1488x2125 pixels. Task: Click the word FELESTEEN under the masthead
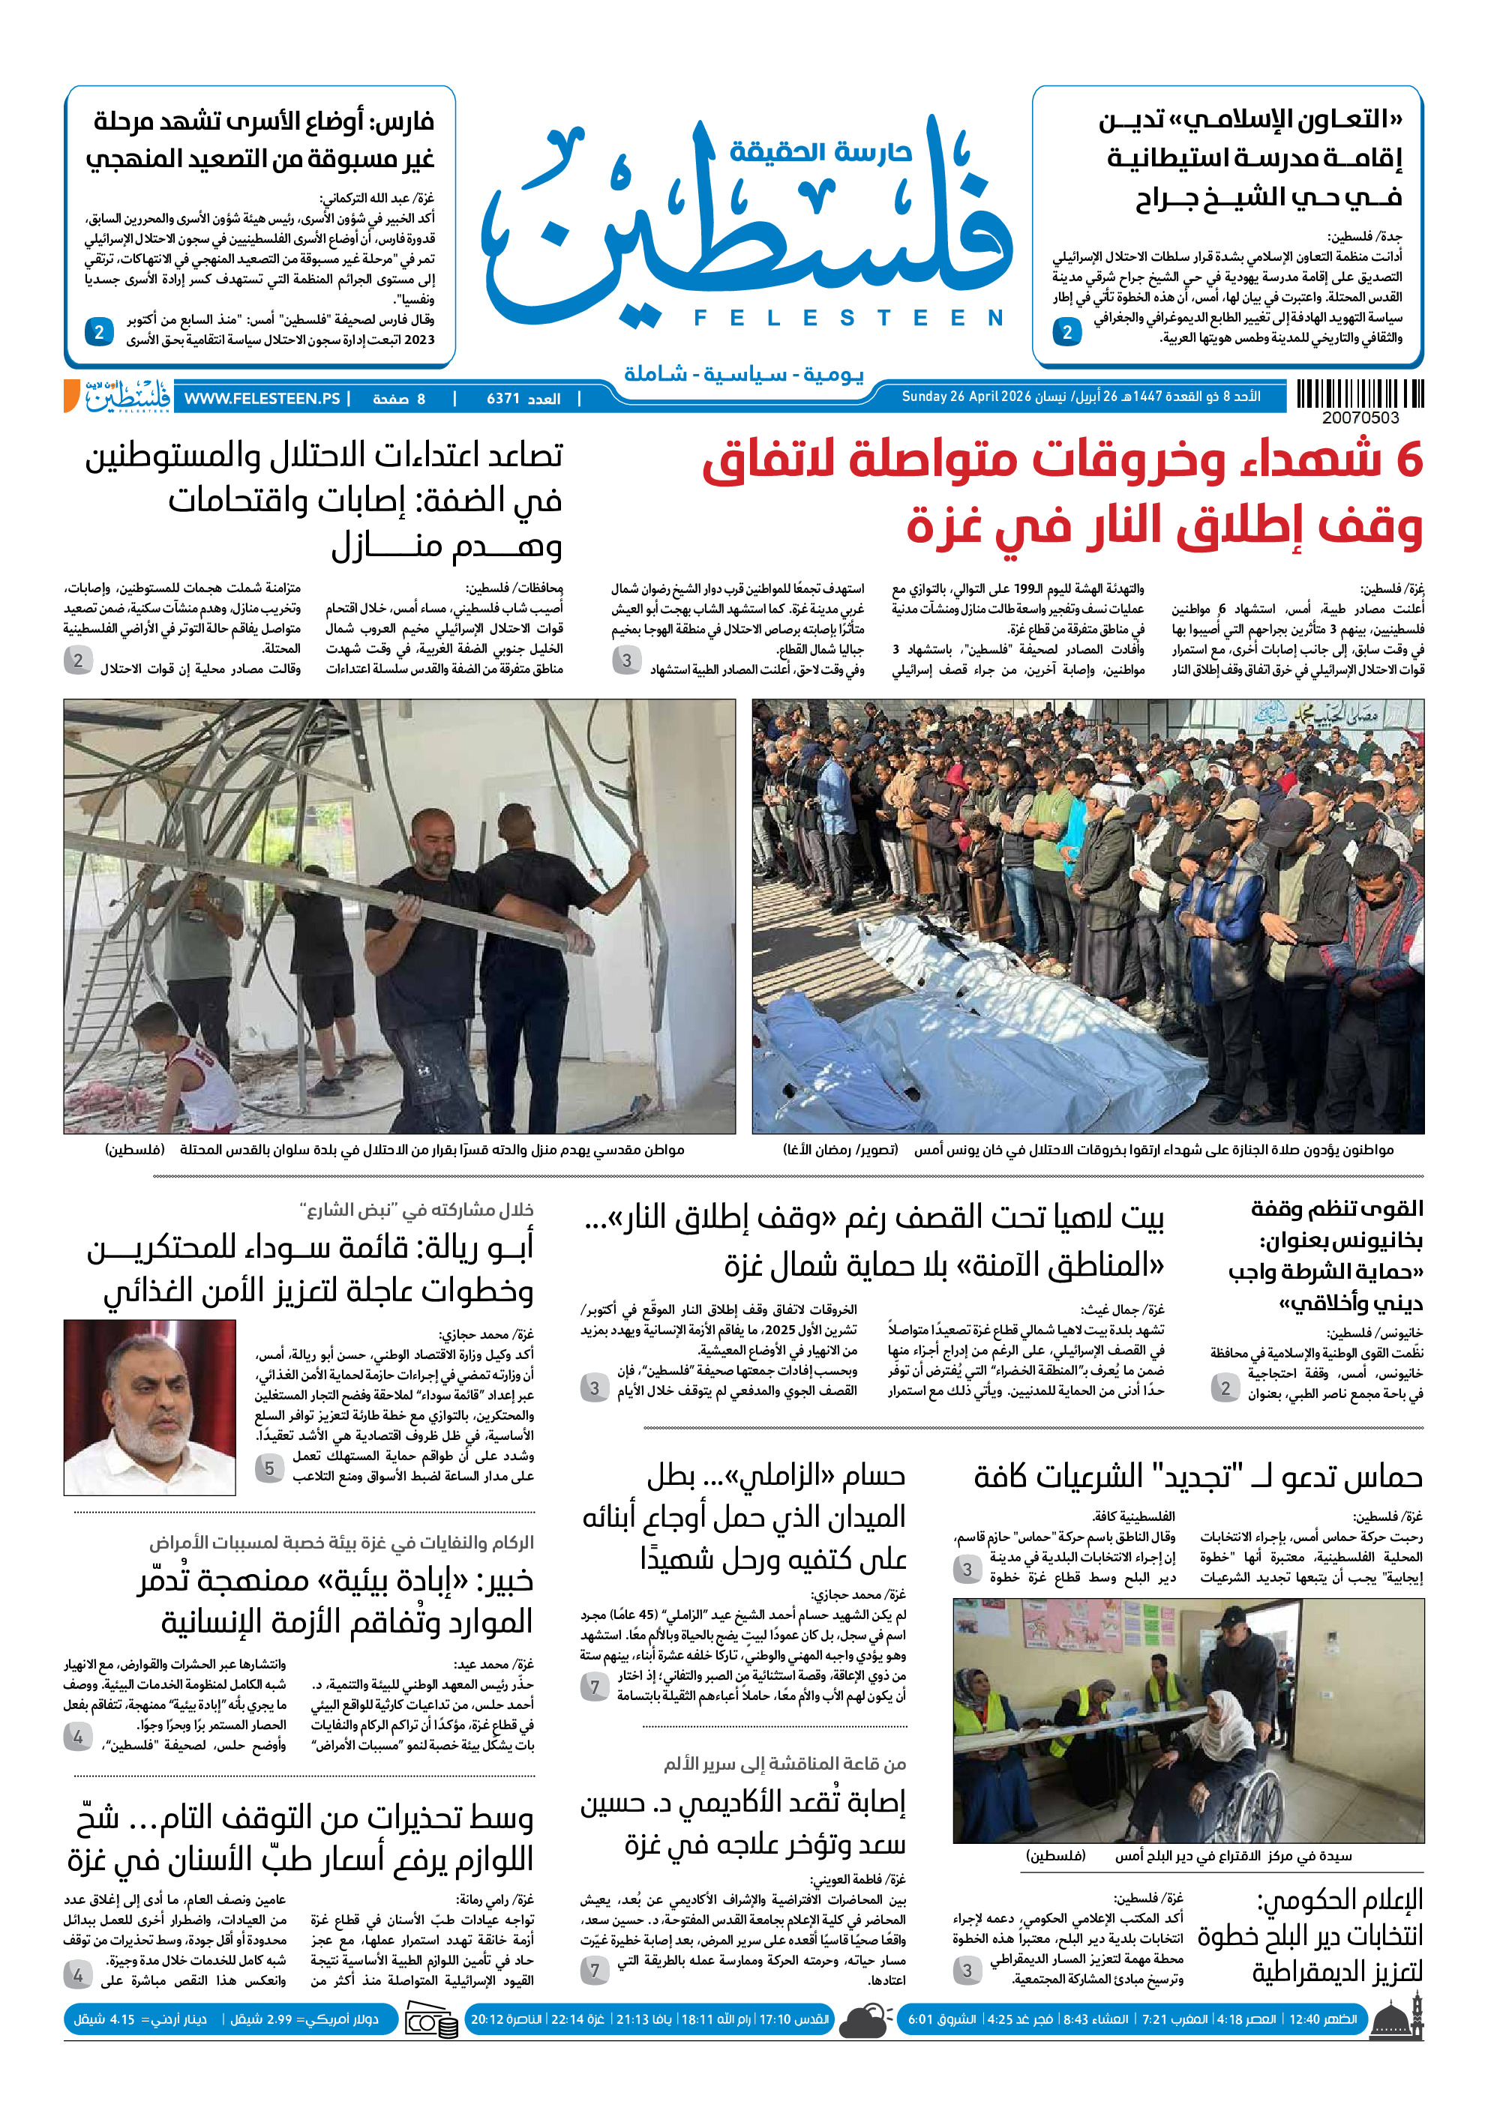pos(848,319)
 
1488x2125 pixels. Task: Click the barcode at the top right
pos(1359,394)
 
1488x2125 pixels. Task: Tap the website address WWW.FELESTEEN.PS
pos(261,399)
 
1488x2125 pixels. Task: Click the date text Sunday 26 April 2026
pos(966,397)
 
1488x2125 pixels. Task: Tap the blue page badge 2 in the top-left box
pos(99,331)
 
